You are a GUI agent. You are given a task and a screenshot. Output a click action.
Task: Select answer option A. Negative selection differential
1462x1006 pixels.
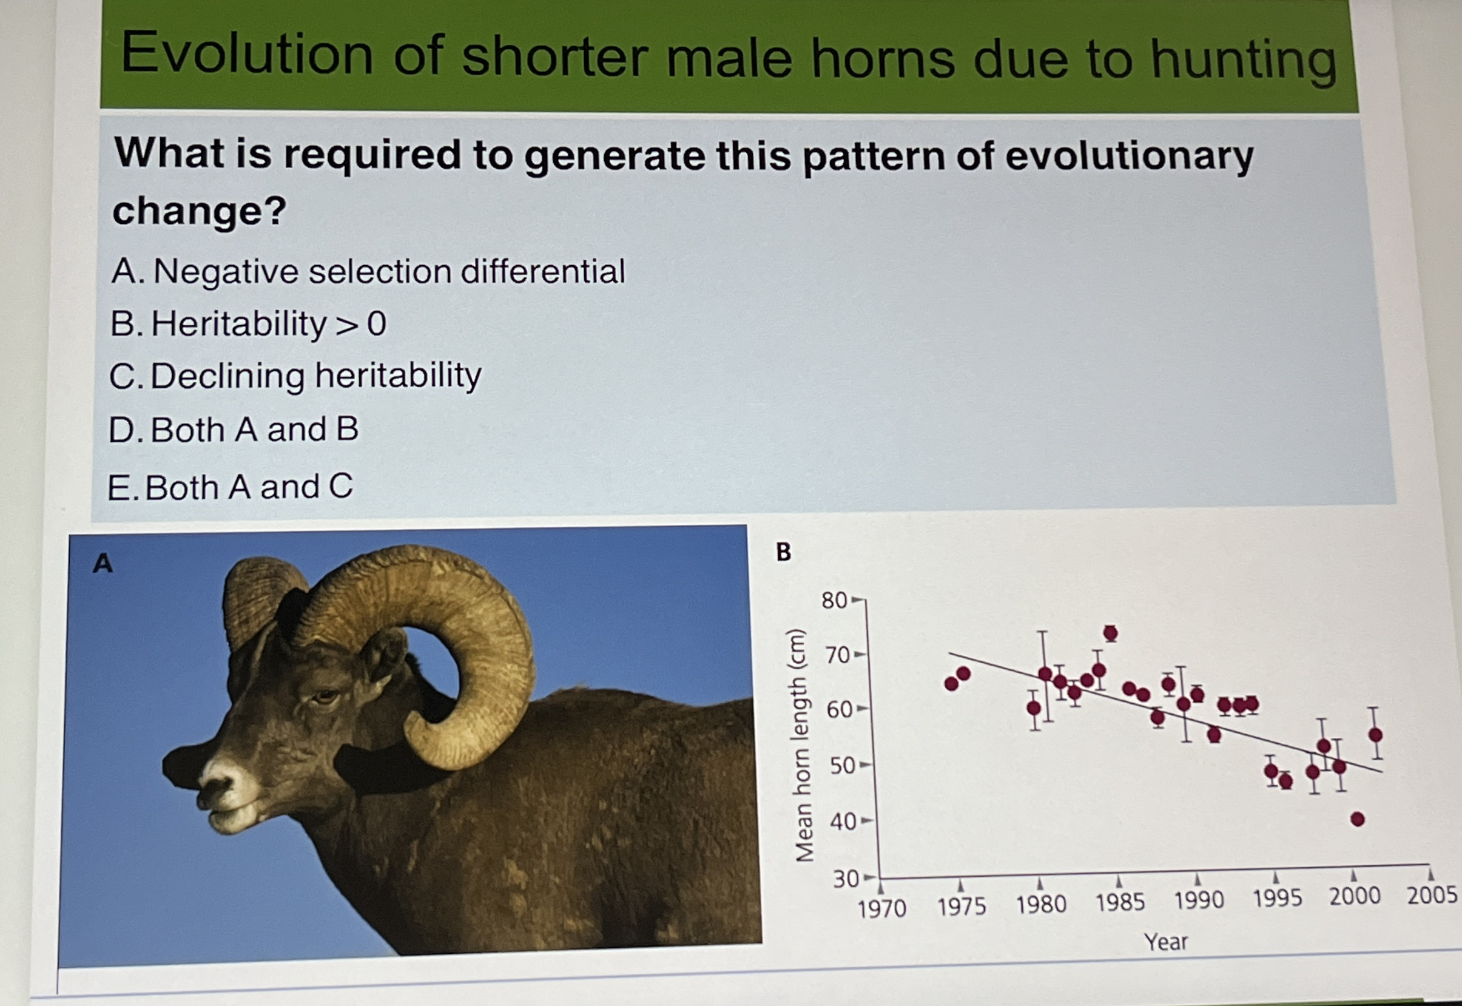(x=368, y=272)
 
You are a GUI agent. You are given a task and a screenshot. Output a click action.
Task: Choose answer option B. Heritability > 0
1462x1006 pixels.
(x=248, y=324)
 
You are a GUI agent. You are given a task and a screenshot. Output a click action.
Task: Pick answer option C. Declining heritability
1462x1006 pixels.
(x=295, y=376)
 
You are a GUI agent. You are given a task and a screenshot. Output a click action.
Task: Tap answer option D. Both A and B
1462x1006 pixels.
(x=233, y=430)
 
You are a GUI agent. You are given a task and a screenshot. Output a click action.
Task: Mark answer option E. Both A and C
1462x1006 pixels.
(x=230, y=487)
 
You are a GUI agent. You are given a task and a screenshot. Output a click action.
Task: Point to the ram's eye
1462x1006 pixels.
(x=325, y=697)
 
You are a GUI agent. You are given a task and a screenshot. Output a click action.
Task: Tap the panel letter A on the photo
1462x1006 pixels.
(x=103, y=563)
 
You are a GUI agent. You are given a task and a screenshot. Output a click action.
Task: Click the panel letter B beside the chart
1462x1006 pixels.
(x=783, y=552)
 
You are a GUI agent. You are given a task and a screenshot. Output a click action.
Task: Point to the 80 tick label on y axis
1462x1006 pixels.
(x=834, y=601)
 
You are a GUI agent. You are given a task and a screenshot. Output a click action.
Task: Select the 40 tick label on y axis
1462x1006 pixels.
(x=843, y=822)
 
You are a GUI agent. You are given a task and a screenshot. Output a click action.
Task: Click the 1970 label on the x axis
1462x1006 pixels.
(x=881, y=909)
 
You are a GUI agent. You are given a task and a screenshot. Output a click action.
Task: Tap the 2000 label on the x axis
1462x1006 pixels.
(x=1355, y=896)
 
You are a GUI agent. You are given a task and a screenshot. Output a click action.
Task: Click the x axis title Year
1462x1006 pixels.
(x=1166, y=942)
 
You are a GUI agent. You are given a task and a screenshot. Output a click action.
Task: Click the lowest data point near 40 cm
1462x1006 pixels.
(x=1358, y=820)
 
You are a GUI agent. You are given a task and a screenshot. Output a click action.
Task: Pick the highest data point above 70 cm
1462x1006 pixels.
(x=1111, y=633)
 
